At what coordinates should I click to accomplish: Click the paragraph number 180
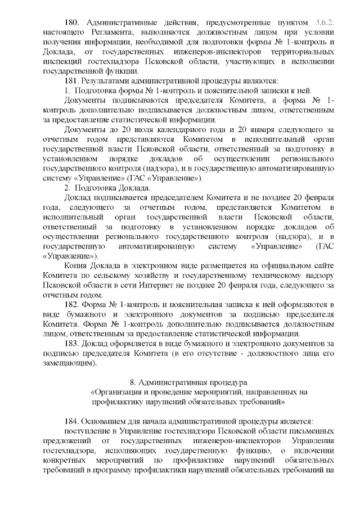coord(74,22)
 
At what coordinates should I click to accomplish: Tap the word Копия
coord(78,264)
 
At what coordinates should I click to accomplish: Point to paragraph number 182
coord(73,305)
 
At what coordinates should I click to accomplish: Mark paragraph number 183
coord(73,343)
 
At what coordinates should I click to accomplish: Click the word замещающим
coord(64,363)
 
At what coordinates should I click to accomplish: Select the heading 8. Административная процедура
coord(189,382)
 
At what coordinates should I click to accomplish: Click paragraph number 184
coord(73,422)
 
